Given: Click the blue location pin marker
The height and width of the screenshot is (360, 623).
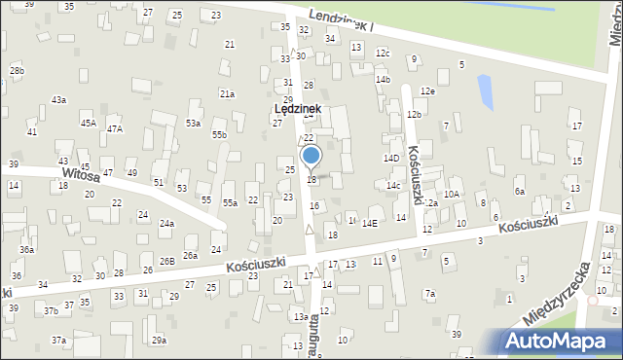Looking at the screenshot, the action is tap(311, 156).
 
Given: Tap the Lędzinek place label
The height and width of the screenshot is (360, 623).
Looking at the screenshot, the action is tap(298, 111).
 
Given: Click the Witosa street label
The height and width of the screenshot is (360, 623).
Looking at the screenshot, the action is tap(82, 177).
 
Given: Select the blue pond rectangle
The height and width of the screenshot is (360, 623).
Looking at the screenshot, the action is tap(485, 91).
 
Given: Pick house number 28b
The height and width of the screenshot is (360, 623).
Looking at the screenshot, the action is tap(17, 71).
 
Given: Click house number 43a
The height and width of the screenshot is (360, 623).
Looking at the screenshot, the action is tap(58, 100).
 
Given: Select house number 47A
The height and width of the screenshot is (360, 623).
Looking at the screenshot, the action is tap(115, 129).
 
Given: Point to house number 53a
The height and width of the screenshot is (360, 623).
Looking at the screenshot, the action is tap(194, 124).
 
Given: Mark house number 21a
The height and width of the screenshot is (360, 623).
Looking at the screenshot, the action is tap(227, 93).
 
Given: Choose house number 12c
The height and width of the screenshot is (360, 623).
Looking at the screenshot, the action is tap(383, 53).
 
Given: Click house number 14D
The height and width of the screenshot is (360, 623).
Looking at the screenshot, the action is tap(391, 158).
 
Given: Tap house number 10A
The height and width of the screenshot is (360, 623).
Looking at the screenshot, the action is tap(452, 195).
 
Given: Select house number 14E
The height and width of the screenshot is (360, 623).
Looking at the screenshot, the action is tap(370, 224).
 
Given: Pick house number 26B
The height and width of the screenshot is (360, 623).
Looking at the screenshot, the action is tap(167, 261).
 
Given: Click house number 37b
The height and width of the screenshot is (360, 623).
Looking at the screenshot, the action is tap(51, 310).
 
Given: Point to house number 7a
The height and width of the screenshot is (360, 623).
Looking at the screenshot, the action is tap(429, 294).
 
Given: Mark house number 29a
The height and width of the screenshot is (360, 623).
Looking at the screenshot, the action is tap(159, 341).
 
